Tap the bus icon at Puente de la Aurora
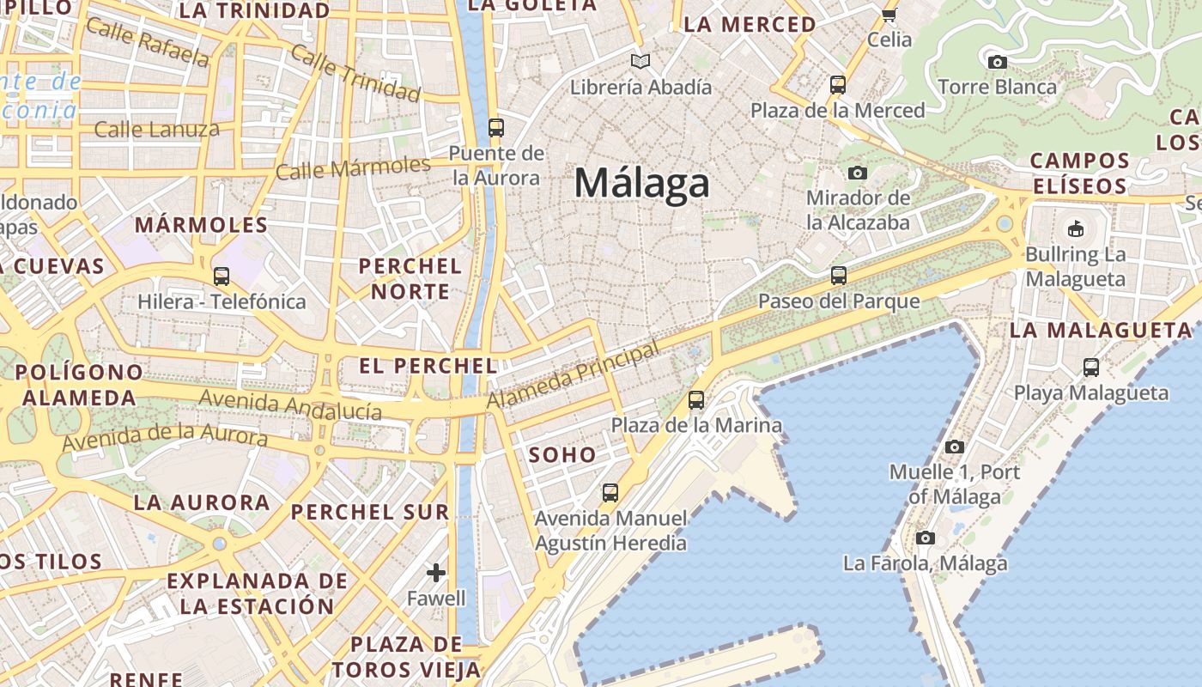click(x=495, y=128)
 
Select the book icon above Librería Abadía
click(x=640, y=61)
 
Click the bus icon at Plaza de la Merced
click(x=837, y=85)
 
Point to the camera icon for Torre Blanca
click(x=997, y=62)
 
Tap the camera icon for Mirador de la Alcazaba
click(x=857, y=173)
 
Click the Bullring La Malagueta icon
click(x=1075, y=228)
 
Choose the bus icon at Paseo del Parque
click(x=838, y=276)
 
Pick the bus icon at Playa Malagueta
click(x=1090, y=368)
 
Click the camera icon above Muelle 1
click(x=954, y=447)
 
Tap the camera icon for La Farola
click(x=925, y=538)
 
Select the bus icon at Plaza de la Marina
click(x=695, y=400)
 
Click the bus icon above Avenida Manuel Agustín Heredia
click(x=610, y=493)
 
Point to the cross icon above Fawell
click(x=436, y=573)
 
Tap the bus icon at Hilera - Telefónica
click(x=221, y=277)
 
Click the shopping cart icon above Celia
click(x=889, y=15)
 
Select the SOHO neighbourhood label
click(x=562, y=454)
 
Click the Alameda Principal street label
click(x=573, y=375)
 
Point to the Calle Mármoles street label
click(x=353, y=167)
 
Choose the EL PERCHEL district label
click(x=428, y=366)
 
